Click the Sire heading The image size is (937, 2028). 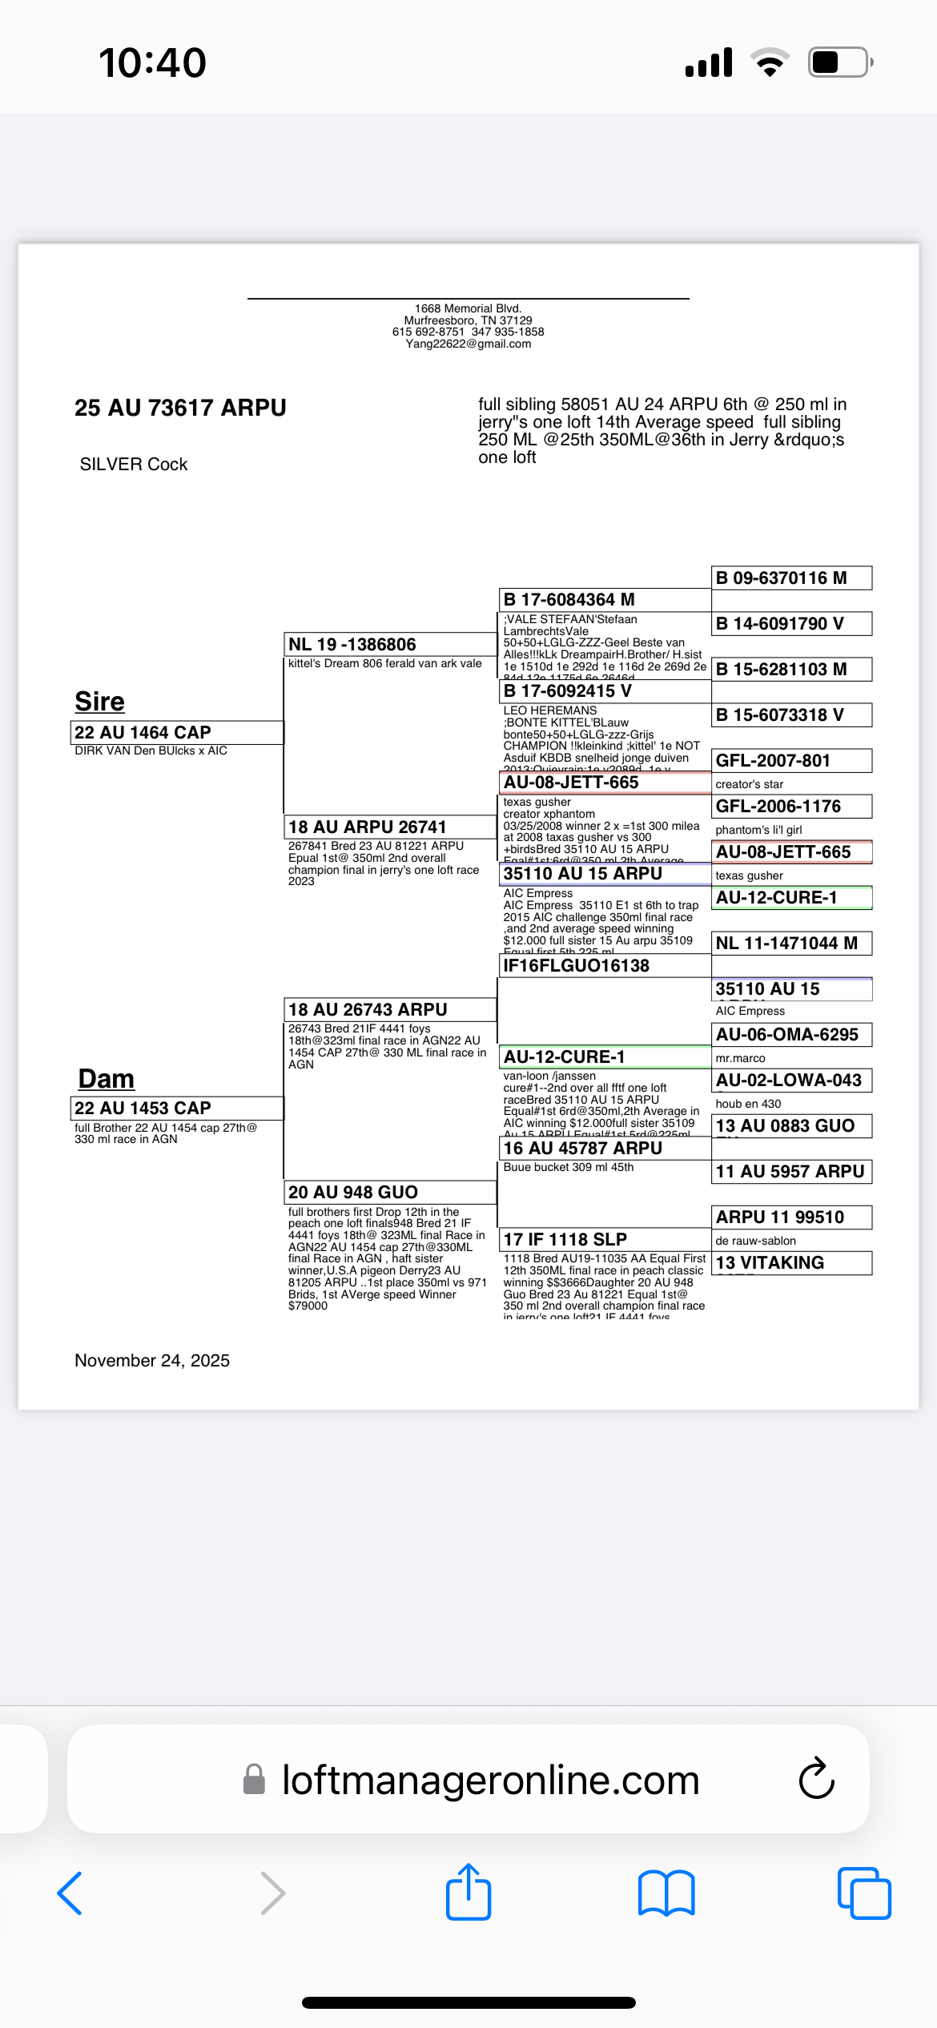point(99,702)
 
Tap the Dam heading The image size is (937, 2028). point(106,1079)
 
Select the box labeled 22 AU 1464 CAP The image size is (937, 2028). point(176,732)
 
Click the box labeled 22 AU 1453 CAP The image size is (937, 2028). point(176,1108)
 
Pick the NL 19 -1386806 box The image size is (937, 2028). point(390,644)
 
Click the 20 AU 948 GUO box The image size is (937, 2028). point(390,1192)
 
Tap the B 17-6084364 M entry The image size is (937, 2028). point(604,599)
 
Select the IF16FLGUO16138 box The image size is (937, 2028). point(604,965)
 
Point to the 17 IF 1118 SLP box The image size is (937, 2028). point(604,1239)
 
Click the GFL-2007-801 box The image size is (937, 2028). point(791,760)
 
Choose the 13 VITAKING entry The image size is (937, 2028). point(791,1262)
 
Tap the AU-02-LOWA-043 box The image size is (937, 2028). point(791,1080)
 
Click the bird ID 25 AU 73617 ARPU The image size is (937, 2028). point(180,408)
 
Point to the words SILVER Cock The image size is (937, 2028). point(134,465)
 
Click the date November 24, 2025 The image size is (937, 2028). point(152,1360)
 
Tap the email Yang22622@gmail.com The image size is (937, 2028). point(468,344)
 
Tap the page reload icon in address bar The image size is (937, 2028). point(816,1779)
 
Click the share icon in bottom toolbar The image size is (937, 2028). point(468,1893)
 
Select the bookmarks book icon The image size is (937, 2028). point(666,1893)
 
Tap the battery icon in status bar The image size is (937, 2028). point(839,62)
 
